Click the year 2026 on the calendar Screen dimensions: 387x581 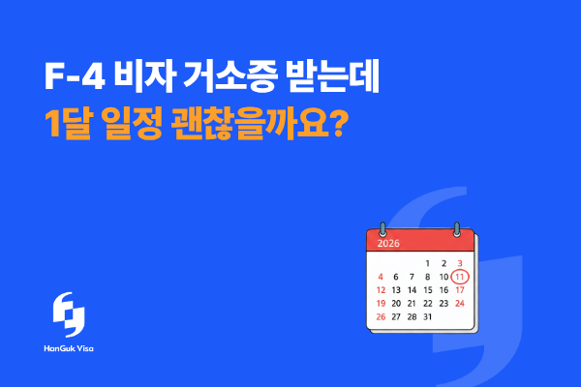pos(389,244)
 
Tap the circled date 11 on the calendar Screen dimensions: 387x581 pos(460,276)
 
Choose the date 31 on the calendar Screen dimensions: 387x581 pos(428,316)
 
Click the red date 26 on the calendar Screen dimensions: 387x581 pos(381,316)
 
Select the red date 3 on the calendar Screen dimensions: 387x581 pos(460,262)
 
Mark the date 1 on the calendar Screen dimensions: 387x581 pos(428,262)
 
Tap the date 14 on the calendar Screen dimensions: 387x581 pos(413,289)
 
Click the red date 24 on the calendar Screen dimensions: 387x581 pos(460,303)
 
